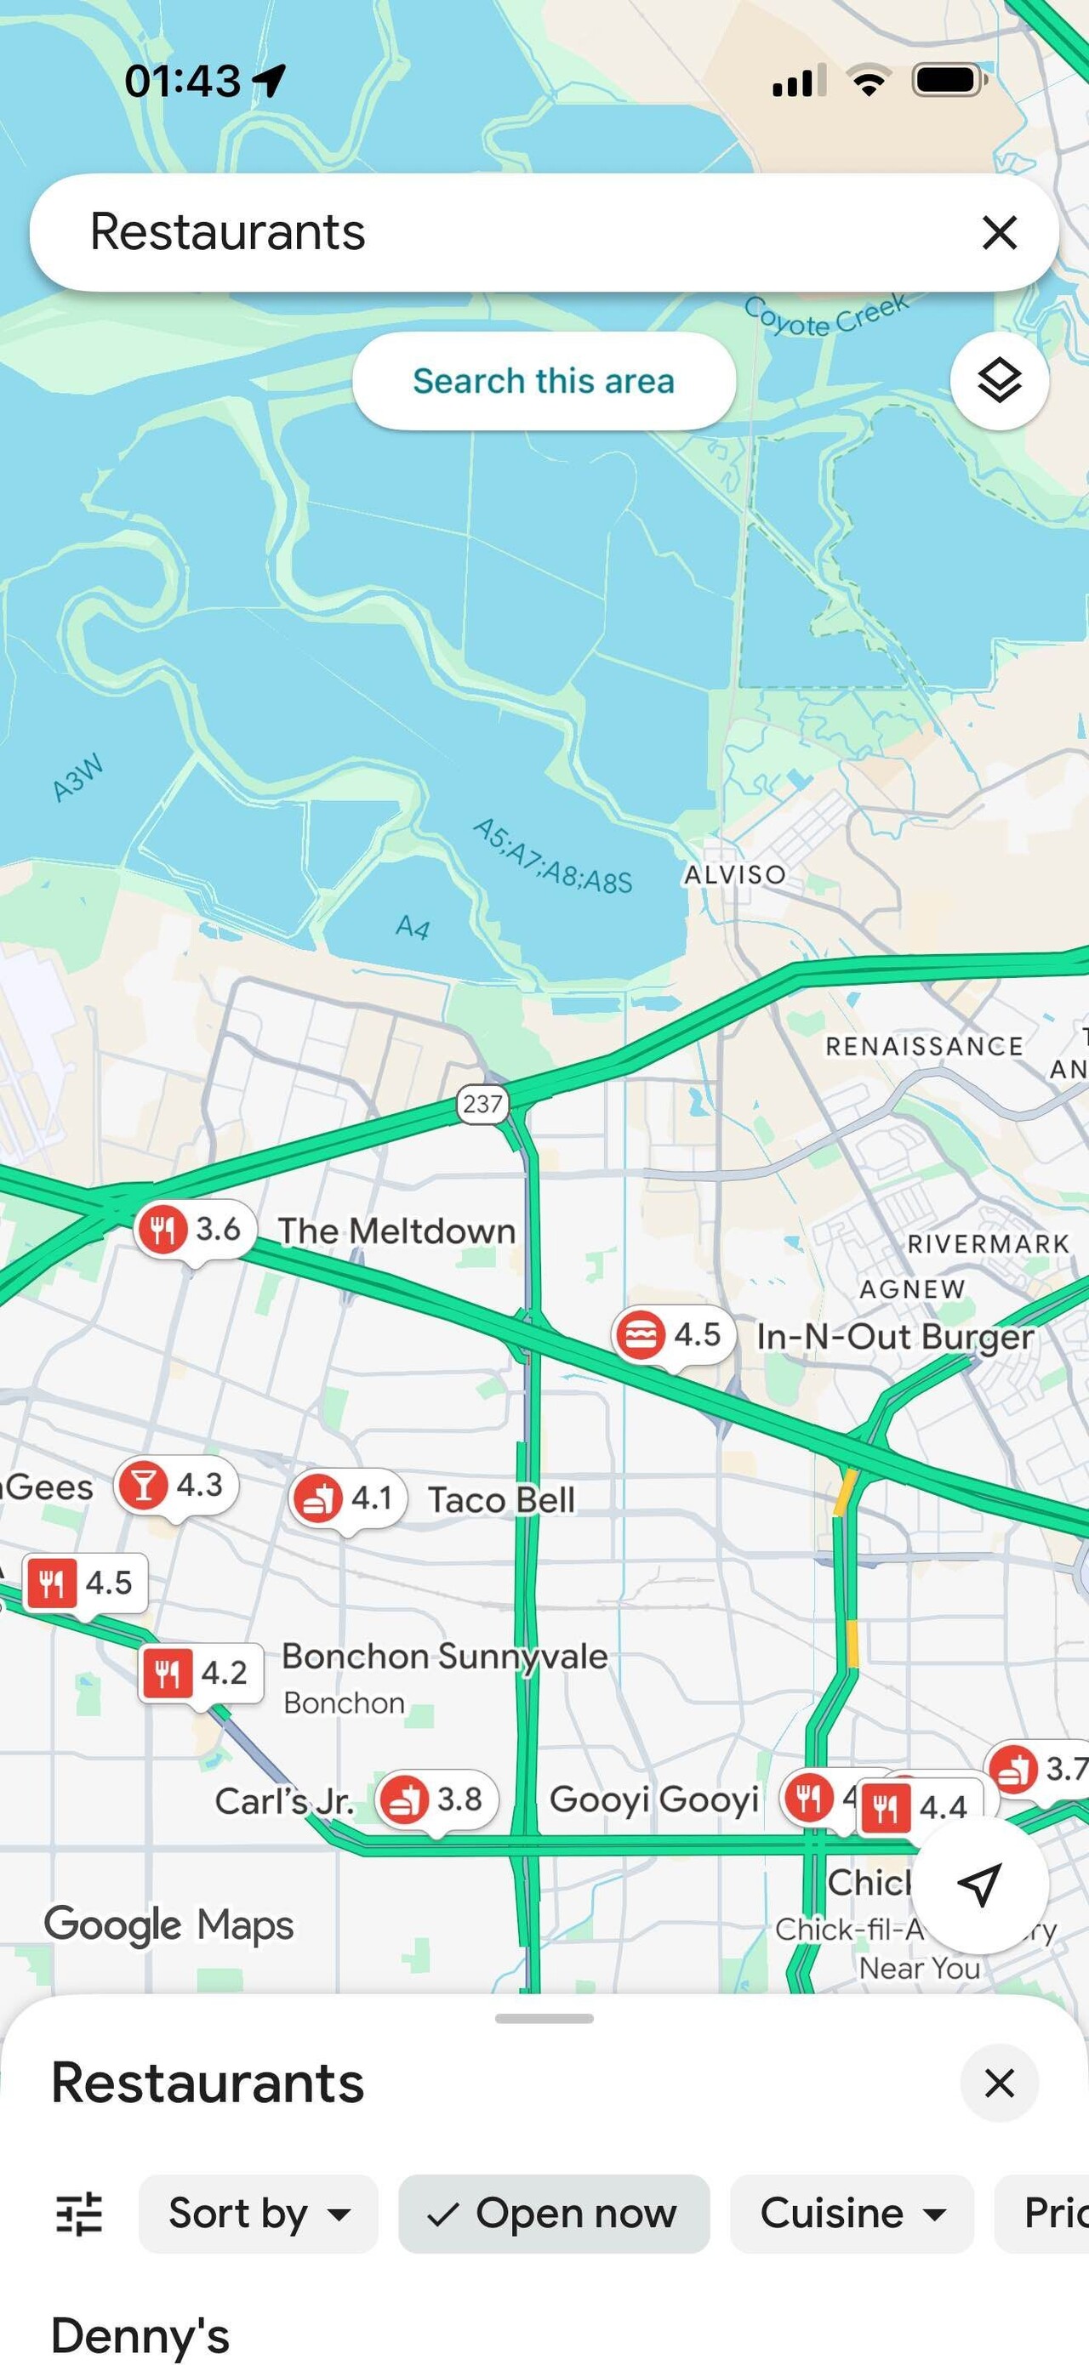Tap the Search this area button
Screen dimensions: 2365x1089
click(x=544, y=381)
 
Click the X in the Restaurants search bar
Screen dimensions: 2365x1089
click(x=999, y=232)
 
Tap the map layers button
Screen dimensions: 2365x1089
click(x=999, y=381)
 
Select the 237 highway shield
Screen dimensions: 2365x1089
click(x=482, y=1104)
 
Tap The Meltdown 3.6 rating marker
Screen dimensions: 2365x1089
click(x=196, y=1230)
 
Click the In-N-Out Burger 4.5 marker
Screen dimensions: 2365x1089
click(x=674, y=1335)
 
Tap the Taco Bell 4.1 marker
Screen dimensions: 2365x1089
click(x=349, y=1499)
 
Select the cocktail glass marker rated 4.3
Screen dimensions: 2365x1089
click(x=176, y=1485)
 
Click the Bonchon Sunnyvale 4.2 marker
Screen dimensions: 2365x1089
click(x=201, y=1673)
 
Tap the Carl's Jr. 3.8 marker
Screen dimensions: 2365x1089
click(x=437, y=1799)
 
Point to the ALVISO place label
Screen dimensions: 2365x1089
click(x=734, y=874)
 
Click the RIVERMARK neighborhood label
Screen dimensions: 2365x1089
click(x=988, y=1244)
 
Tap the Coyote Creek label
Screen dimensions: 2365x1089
click(x=826, y=315)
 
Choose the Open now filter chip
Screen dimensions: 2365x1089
click(x=554, y=2214)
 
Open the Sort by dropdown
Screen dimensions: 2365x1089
click(x=258, y=2214)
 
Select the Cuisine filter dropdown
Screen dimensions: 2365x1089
click(x=851, y=2214)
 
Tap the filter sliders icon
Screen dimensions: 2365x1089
click(x=79, y=2214)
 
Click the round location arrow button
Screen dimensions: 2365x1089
click(x=980, y=1884)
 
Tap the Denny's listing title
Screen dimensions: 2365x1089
click(x=140, y=2334)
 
